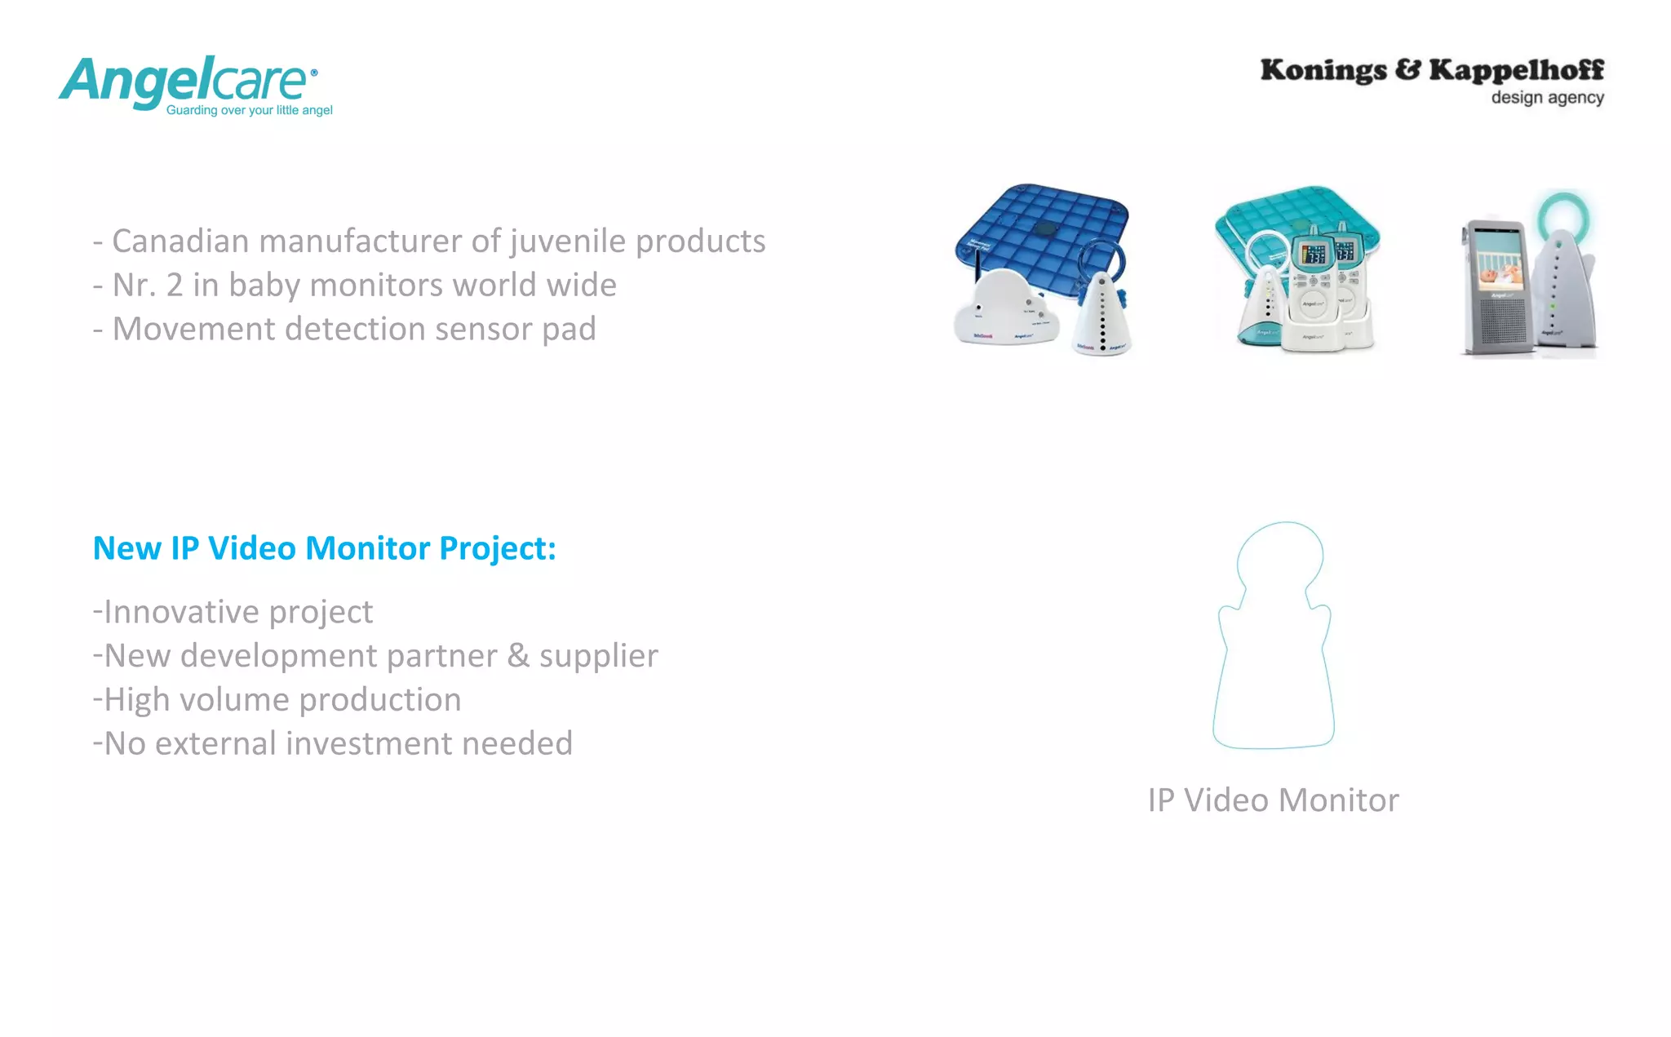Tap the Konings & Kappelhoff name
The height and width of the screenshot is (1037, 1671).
(1431, 70)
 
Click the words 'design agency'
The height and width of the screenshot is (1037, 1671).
(1547, 98)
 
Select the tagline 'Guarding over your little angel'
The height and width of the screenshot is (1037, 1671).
(249, 110)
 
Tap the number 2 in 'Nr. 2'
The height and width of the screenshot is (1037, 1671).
(175, 286)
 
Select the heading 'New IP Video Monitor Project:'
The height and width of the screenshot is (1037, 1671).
(324, 548)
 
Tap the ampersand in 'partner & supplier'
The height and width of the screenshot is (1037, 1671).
(518, 656)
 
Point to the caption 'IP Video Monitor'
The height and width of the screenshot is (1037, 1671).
(1273, 800)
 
